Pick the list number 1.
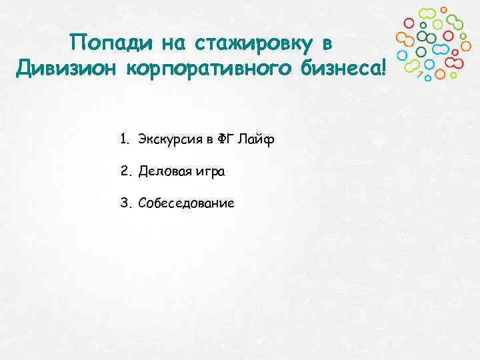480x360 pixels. click(124, 139)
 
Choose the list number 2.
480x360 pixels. click(125, 171)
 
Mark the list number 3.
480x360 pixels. click(125, 203)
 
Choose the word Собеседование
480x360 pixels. click(187, 203)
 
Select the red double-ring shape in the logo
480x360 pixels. click(454, 62)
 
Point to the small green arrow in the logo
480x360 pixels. click(420, 74)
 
